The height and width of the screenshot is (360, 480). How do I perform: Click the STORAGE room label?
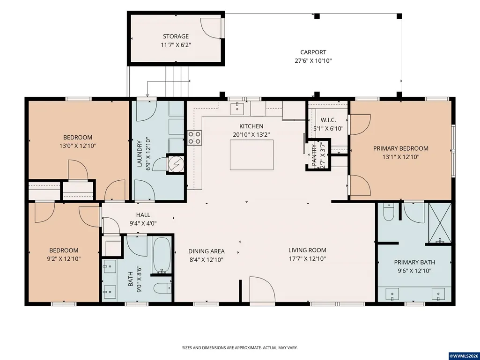coord(176,37)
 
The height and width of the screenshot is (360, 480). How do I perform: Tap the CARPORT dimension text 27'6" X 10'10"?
coord(313,60)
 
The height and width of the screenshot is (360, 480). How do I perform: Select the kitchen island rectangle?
coord(251,154)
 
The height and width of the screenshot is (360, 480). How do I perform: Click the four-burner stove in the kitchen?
coord(194,138)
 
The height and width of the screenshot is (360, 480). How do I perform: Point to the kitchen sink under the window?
coord(237,107)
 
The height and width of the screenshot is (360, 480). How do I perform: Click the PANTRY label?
coord(314,156)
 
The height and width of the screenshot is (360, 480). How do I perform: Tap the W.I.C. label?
coord(328,120)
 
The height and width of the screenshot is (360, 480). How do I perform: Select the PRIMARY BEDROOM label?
coord(401,148)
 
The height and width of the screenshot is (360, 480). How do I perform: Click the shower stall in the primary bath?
coord(440,222)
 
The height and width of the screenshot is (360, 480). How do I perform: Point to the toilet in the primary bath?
coord(389,212)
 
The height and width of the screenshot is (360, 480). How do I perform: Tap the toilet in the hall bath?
coord(162,288)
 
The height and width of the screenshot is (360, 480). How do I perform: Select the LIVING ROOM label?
coord(307,250)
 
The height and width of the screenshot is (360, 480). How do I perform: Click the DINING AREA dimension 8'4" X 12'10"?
coord(207,260)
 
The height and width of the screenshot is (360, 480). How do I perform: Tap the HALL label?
coord(143,215)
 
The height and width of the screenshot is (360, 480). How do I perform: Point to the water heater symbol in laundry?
coord(176,164)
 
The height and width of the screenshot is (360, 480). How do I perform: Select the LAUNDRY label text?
coord(140,154)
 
